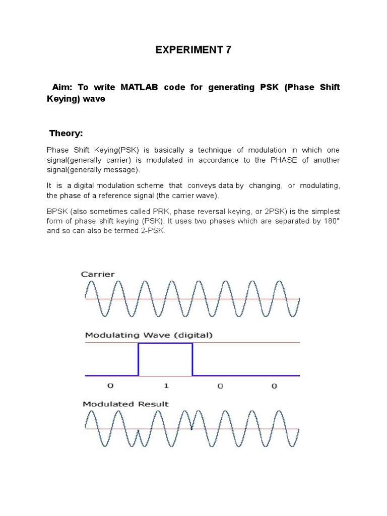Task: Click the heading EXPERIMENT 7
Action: (193, 50)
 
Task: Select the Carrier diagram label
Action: (98, 274)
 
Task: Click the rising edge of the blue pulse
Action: (139, 359)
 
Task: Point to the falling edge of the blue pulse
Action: (192, 359)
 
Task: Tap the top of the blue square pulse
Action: (165, 343)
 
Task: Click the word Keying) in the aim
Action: (64, 99)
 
